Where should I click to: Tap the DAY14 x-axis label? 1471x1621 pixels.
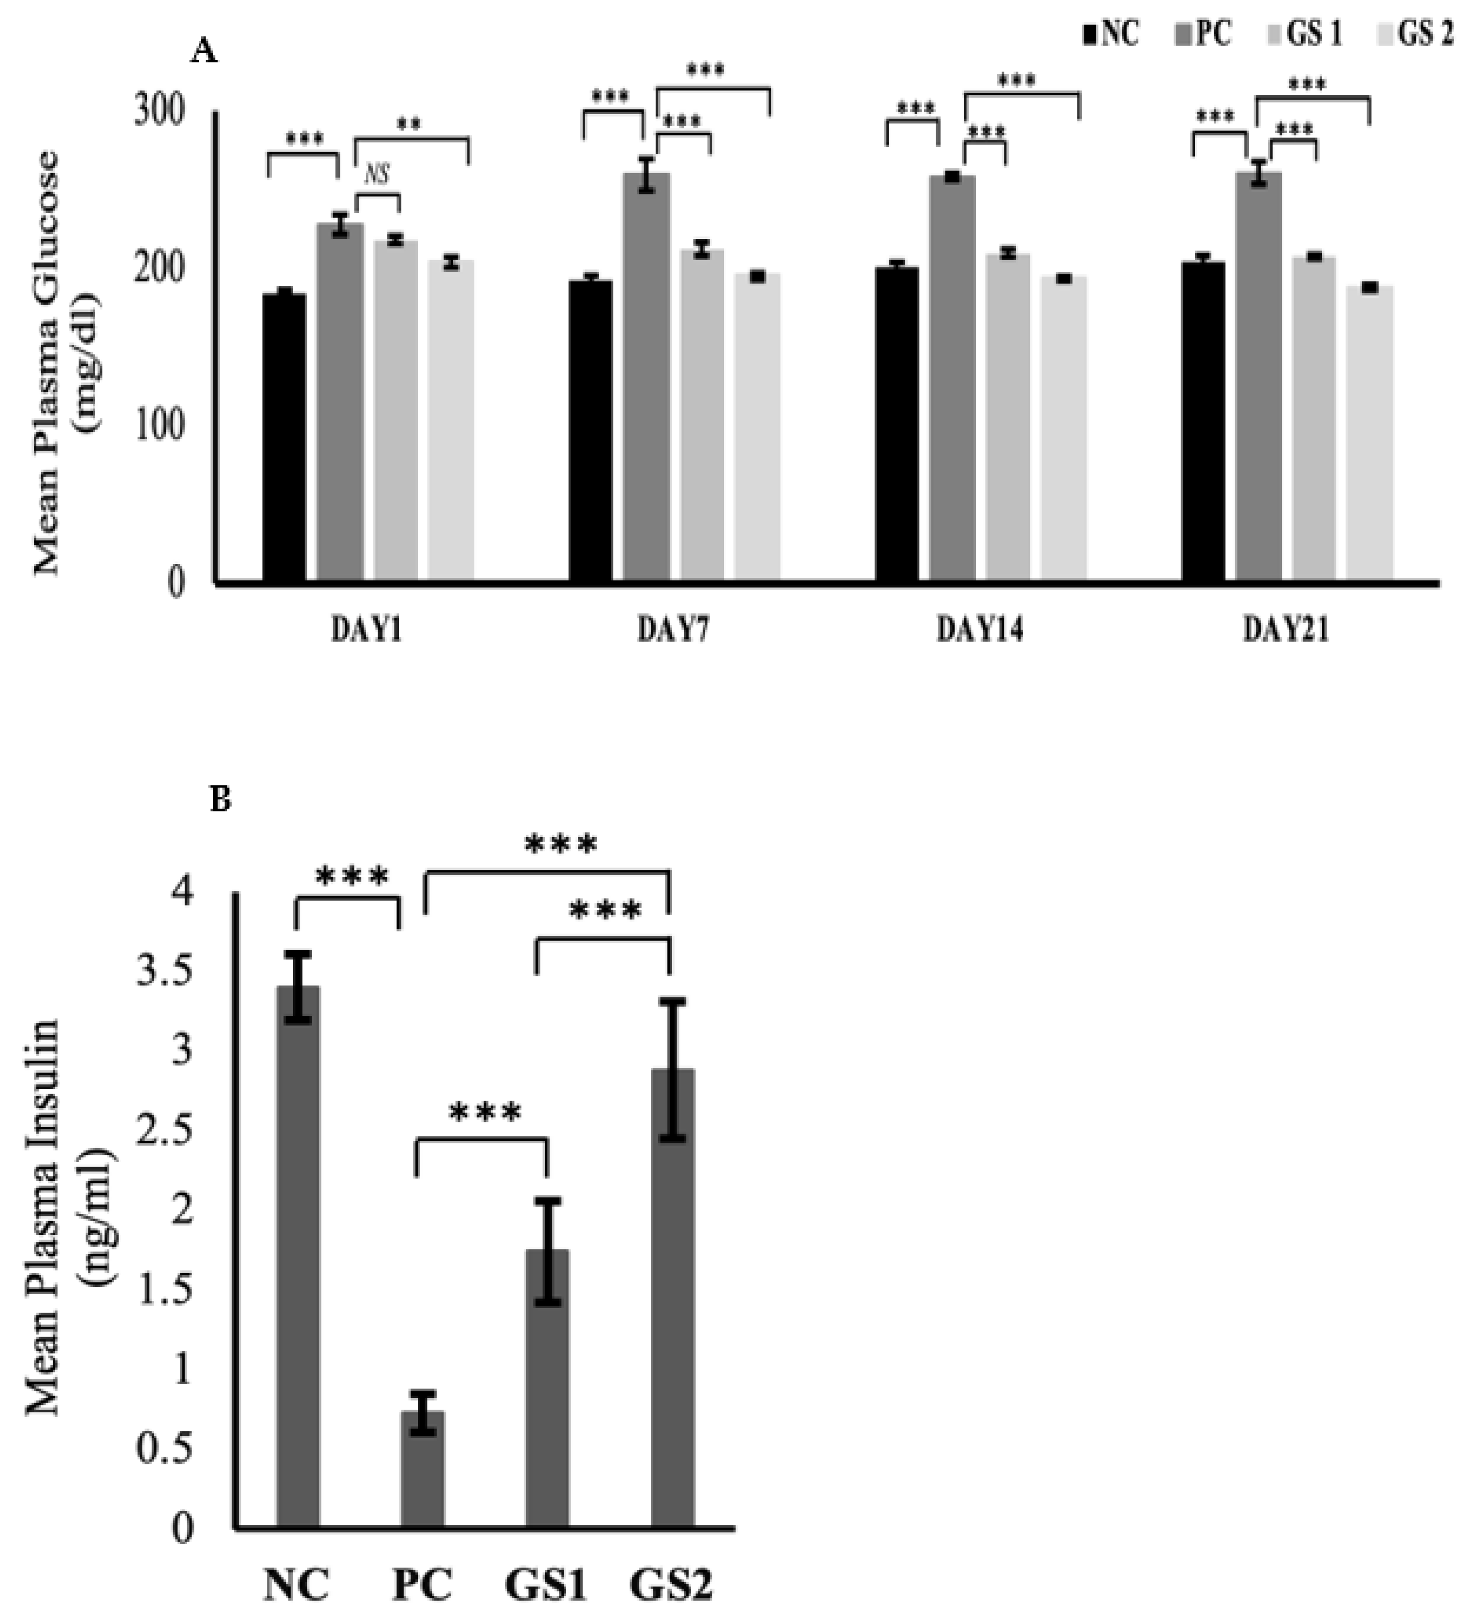tap(980, 631)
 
